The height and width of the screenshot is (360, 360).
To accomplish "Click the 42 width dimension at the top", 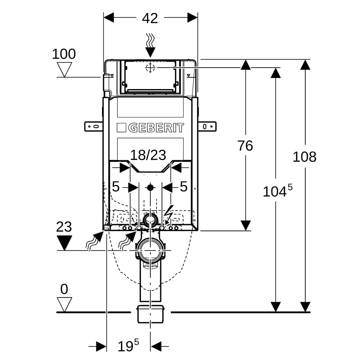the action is pyautogui.click(x=150, y=18).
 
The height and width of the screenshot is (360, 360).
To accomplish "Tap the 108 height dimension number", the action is pyautogui.click(x=304, y=157).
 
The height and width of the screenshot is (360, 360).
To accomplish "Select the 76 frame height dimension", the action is pyautogui.click(x=245, y=146).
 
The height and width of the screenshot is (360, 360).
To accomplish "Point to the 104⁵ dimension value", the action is pyautogui.click(x=278, y=191).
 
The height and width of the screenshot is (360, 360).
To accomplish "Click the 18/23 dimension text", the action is pyautogui.click(x=148, y=155).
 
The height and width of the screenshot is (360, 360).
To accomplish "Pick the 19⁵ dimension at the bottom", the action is pyautogui.click(x=128, y=346).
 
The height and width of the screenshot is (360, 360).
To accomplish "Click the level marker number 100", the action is pyautogui.click(x=64, y=54).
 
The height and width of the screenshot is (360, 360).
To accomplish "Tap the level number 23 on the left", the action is pyautogui.click(x=64, y=227).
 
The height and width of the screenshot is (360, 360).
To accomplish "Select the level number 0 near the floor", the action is pyautogui.click(x=64, y=289).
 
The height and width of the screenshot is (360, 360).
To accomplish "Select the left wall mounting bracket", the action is pyautogui.click(x=94, y=127).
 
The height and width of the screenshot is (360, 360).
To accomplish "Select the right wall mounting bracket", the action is pyautogui.click(x=207, y=127).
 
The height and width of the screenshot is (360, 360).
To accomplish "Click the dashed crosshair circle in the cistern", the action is pyautogui.click(x=150, y=68).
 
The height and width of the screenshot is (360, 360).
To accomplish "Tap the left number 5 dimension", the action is pyautogui.click(x=116, y=186).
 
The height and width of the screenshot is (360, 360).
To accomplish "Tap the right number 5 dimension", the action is pyautogui.click(x=183, y=186).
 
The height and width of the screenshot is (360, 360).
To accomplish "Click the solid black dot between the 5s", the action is pyautogui.click(x=150, y=188).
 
